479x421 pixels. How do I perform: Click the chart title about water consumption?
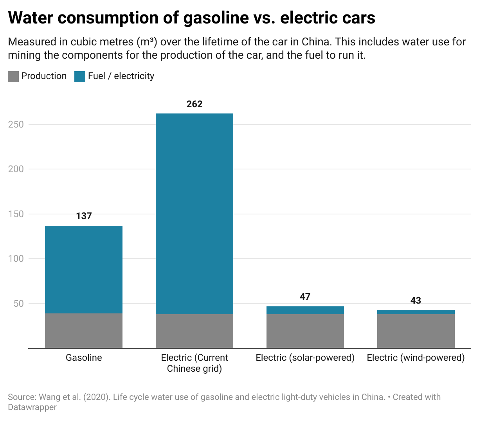(191, 18)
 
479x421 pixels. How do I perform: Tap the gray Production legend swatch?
(13, 76)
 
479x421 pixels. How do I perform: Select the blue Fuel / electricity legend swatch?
(80, 76)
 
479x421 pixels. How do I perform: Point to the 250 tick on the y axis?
(16, 124)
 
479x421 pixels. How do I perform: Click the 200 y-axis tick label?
(16, 169)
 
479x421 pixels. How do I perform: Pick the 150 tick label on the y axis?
(16, 214)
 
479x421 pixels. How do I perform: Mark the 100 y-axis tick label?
(16, 259)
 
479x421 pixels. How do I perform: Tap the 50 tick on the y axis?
(18, 304)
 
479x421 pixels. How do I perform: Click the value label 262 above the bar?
(194, 104)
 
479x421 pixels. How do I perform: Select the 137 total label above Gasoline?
(84, 216)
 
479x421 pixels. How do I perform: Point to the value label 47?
(305, 297)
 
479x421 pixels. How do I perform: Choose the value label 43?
(416, 300)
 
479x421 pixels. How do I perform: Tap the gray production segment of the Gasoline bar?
(84, 331)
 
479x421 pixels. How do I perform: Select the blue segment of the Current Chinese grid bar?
(194, 213)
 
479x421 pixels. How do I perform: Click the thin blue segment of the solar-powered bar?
(305, 310)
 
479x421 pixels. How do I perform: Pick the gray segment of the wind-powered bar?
(416, 331)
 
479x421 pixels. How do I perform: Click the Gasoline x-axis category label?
(84, 358)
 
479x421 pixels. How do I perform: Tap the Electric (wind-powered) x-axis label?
(416, 358)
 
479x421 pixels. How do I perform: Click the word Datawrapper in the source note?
(32, 407)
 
